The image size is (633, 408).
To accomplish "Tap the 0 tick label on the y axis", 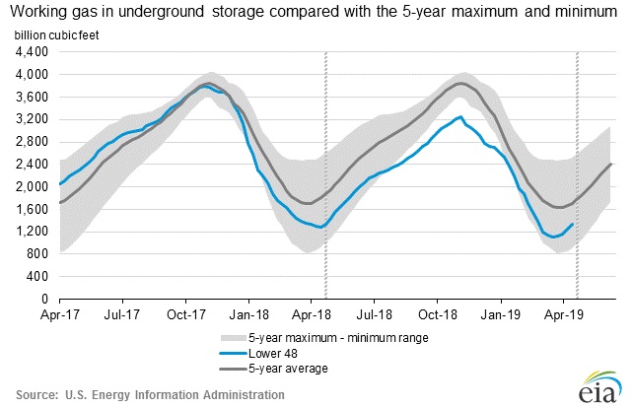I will pos(47,299).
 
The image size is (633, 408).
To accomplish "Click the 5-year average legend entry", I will pos(257,368).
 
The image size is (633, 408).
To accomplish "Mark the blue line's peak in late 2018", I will pos(461,117).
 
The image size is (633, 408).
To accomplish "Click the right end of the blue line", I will pos(574,224).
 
